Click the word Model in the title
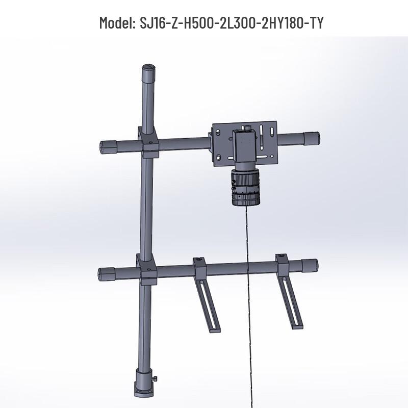[x=116, y=23]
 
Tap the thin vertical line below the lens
[x=249, y=306]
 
